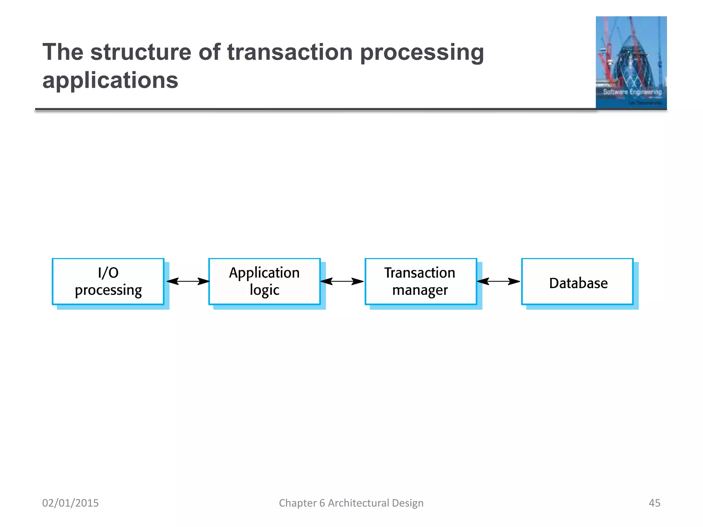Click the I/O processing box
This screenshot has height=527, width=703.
pyautogui.click(x=108, y=281)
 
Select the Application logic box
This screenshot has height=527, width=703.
pyautogui.click(x=264, y=281)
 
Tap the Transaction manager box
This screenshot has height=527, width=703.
pyautogui.click(x=421, y=281)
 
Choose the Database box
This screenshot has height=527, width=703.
pyautogui.click(x=577, y=281)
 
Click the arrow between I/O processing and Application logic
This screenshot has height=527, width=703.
pyautogui.click(x=188, y=281)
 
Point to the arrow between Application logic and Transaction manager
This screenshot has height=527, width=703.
pyautogui.click(x=342, y=281)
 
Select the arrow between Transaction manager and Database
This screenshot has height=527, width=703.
pyautogui.click(x=498, y=281)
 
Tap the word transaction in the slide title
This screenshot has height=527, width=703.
pyautogui.click(x=290, y=52)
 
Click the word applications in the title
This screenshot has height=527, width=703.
pyautogui.click(x=110, y=80)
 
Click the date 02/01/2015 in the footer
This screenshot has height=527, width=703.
pyautogui.click(x=70, y=503)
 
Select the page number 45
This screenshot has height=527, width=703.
pyautogui.click(x=654, y=503)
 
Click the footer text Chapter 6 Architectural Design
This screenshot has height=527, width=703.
pyautogui.click(x=351, y=503)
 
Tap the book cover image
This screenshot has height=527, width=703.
pyautogui.click(x=631, y=62)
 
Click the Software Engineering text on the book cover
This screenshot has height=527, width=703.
pyautogui.click(x=632, y=92)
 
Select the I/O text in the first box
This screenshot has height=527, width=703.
pyautogui.click(x=108, y=273)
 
